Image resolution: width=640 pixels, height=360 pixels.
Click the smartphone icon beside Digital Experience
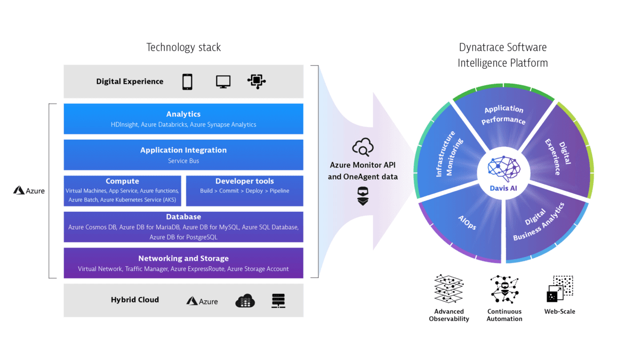pyautogui.click(x=187, y=82)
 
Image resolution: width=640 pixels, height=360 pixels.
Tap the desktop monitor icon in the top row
pyautogui.click(x=223, y=82)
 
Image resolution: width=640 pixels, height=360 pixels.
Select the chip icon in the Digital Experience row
pyautogui.click(x=257, y=81)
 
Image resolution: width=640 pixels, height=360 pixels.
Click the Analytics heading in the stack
pyautogui.click(x=183, y=114)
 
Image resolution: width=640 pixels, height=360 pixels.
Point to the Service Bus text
pyautogui.click(x=183, y=161)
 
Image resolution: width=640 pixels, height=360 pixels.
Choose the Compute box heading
pyautogui.click(x=122, y=181)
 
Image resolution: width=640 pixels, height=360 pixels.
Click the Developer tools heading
pyautogui.click(x=244, y=181)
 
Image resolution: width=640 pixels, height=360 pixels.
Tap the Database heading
pyautogui.click(x=183, y=217)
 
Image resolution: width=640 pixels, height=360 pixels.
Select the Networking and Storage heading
pyautogui.click(x=183, y=259)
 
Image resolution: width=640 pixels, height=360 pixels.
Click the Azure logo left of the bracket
pyautogui.click(x=29, y=190)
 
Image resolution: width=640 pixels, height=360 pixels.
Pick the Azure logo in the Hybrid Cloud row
pyautogui.click(x=202, y=301)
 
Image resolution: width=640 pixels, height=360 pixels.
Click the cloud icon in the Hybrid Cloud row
pyautogui.click(x=245, y=301)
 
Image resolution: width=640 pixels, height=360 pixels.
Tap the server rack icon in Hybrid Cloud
pyautogui.click(x=278, y=301)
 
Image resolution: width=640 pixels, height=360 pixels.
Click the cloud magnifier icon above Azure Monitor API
pyautogui.click(x=363, y=146)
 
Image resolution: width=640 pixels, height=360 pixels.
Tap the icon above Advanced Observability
pyautogui.click(x=448, y=289)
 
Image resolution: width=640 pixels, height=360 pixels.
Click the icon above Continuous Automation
pyautogui.click(x=504, y=289)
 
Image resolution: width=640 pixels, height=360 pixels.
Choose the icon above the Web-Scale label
pyautogui.click(x=559, y=289)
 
